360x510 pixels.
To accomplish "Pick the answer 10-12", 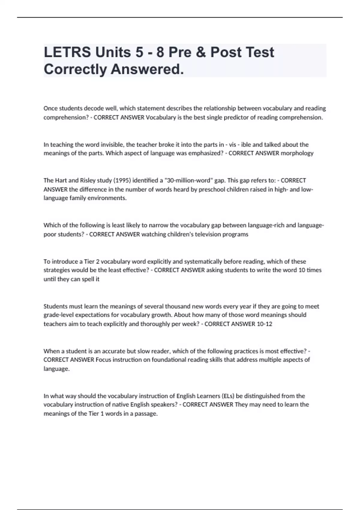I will [264, 324].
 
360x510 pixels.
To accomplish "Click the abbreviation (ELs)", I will [228, 396].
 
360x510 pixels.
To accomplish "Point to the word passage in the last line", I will [146, 414].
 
